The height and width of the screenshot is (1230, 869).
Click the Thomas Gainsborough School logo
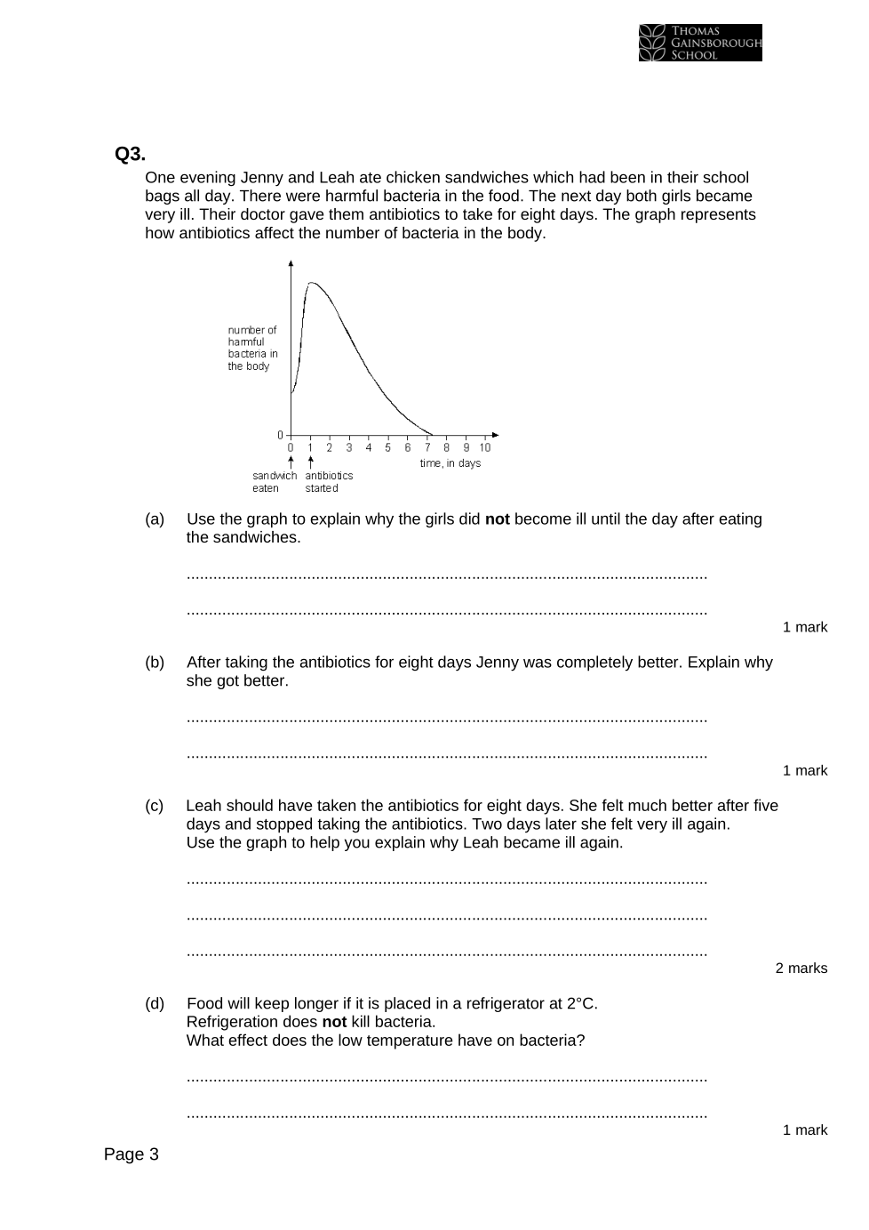[699, 43]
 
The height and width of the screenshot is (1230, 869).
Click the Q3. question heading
[130, 154]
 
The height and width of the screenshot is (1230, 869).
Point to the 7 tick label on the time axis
[427, 447]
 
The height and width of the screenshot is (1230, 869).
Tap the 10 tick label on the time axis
[485, 447]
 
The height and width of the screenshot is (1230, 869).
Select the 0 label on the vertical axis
[280, 435]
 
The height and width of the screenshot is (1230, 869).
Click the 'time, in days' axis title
[450, 463]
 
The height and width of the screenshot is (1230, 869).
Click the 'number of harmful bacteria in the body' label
[252, 348]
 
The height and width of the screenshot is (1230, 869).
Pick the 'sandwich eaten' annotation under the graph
[274, 482]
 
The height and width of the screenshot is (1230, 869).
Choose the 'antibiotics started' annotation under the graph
[329, 482]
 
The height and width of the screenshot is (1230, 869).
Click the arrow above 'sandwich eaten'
[291, 462]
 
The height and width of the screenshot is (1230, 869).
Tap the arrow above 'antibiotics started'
[310, 462]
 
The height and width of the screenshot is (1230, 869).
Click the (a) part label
[155, 519]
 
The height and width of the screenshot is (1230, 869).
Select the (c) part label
[155, 806]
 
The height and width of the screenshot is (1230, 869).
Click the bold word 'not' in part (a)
[497, 519]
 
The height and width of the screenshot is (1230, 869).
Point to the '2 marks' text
[801, 969]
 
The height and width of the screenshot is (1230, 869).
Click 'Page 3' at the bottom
[131, 1154]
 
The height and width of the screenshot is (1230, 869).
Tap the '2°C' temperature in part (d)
[581, 1004]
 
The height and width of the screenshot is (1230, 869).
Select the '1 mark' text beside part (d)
[804, 1130]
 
